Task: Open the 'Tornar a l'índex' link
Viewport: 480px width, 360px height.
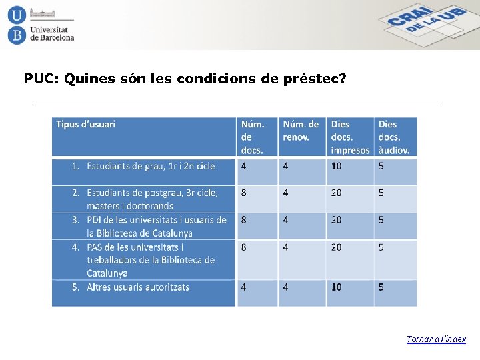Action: tap(436, 339)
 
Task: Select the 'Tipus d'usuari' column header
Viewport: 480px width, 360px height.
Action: tap(86, 124)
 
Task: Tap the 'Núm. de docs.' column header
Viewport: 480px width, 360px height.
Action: tap(253, 137)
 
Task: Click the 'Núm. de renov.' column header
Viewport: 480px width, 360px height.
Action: tap(301, 131)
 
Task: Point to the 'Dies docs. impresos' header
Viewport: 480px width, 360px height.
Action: tap(349, 137)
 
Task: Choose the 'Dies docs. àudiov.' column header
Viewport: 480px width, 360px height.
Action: tap(394, 137)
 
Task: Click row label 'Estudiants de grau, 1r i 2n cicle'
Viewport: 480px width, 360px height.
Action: tap(151, 166)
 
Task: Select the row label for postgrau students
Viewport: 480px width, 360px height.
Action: tap(152, 199)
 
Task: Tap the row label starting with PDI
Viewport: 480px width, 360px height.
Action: tap(156, 226)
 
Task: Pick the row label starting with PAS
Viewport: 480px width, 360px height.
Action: tap(151, 260)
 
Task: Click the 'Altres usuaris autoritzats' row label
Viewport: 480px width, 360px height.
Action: tap(138, 287)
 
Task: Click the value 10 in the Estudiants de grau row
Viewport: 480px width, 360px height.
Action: tap(336, 166)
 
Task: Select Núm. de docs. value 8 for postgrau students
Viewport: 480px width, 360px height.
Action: tap(243, 193)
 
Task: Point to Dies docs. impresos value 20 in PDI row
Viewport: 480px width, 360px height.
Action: tap(336, 220)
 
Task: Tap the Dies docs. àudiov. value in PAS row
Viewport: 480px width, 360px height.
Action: tap(381, 247)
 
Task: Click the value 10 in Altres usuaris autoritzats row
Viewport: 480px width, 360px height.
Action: tap(336, 287)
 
